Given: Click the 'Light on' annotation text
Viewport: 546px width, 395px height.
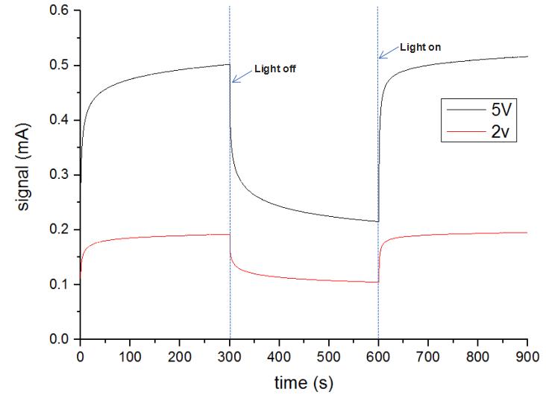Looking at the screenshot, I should (421, 46).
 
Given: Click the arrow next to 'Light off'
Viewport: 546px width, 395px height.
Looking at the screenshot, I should (240, 75).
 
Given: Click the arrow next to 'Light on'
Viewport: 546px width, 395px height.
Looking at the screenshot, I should (387, 51).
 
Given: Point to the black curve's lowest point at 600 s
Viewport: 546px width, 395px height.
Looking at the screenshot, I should (377, 221).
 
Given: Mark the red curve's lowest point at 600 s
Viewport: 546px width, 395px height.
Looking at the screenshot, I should (377, 282).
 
